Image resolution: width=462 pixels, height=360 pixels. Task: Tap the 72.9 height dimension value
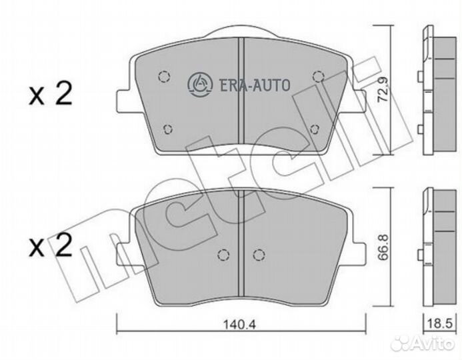tap(383, 89)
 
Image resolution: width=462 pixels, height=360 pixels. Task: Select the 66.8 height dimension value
tap(383, 247)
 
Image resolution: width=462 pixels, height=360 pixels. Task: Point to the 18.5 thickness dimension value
tap(439, 324)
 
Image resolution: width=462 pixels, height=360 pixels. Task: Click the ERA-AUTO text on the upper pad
tap(254, 85)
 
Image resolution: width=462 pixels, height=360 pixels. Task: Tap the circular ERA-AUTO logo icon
tap(200, 84)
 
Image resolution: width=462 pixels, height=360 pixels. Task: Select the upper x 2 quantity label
tap(51, 94)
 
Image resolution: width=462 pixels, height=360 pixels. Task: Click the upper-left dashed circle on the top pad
tap(164, 77)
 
